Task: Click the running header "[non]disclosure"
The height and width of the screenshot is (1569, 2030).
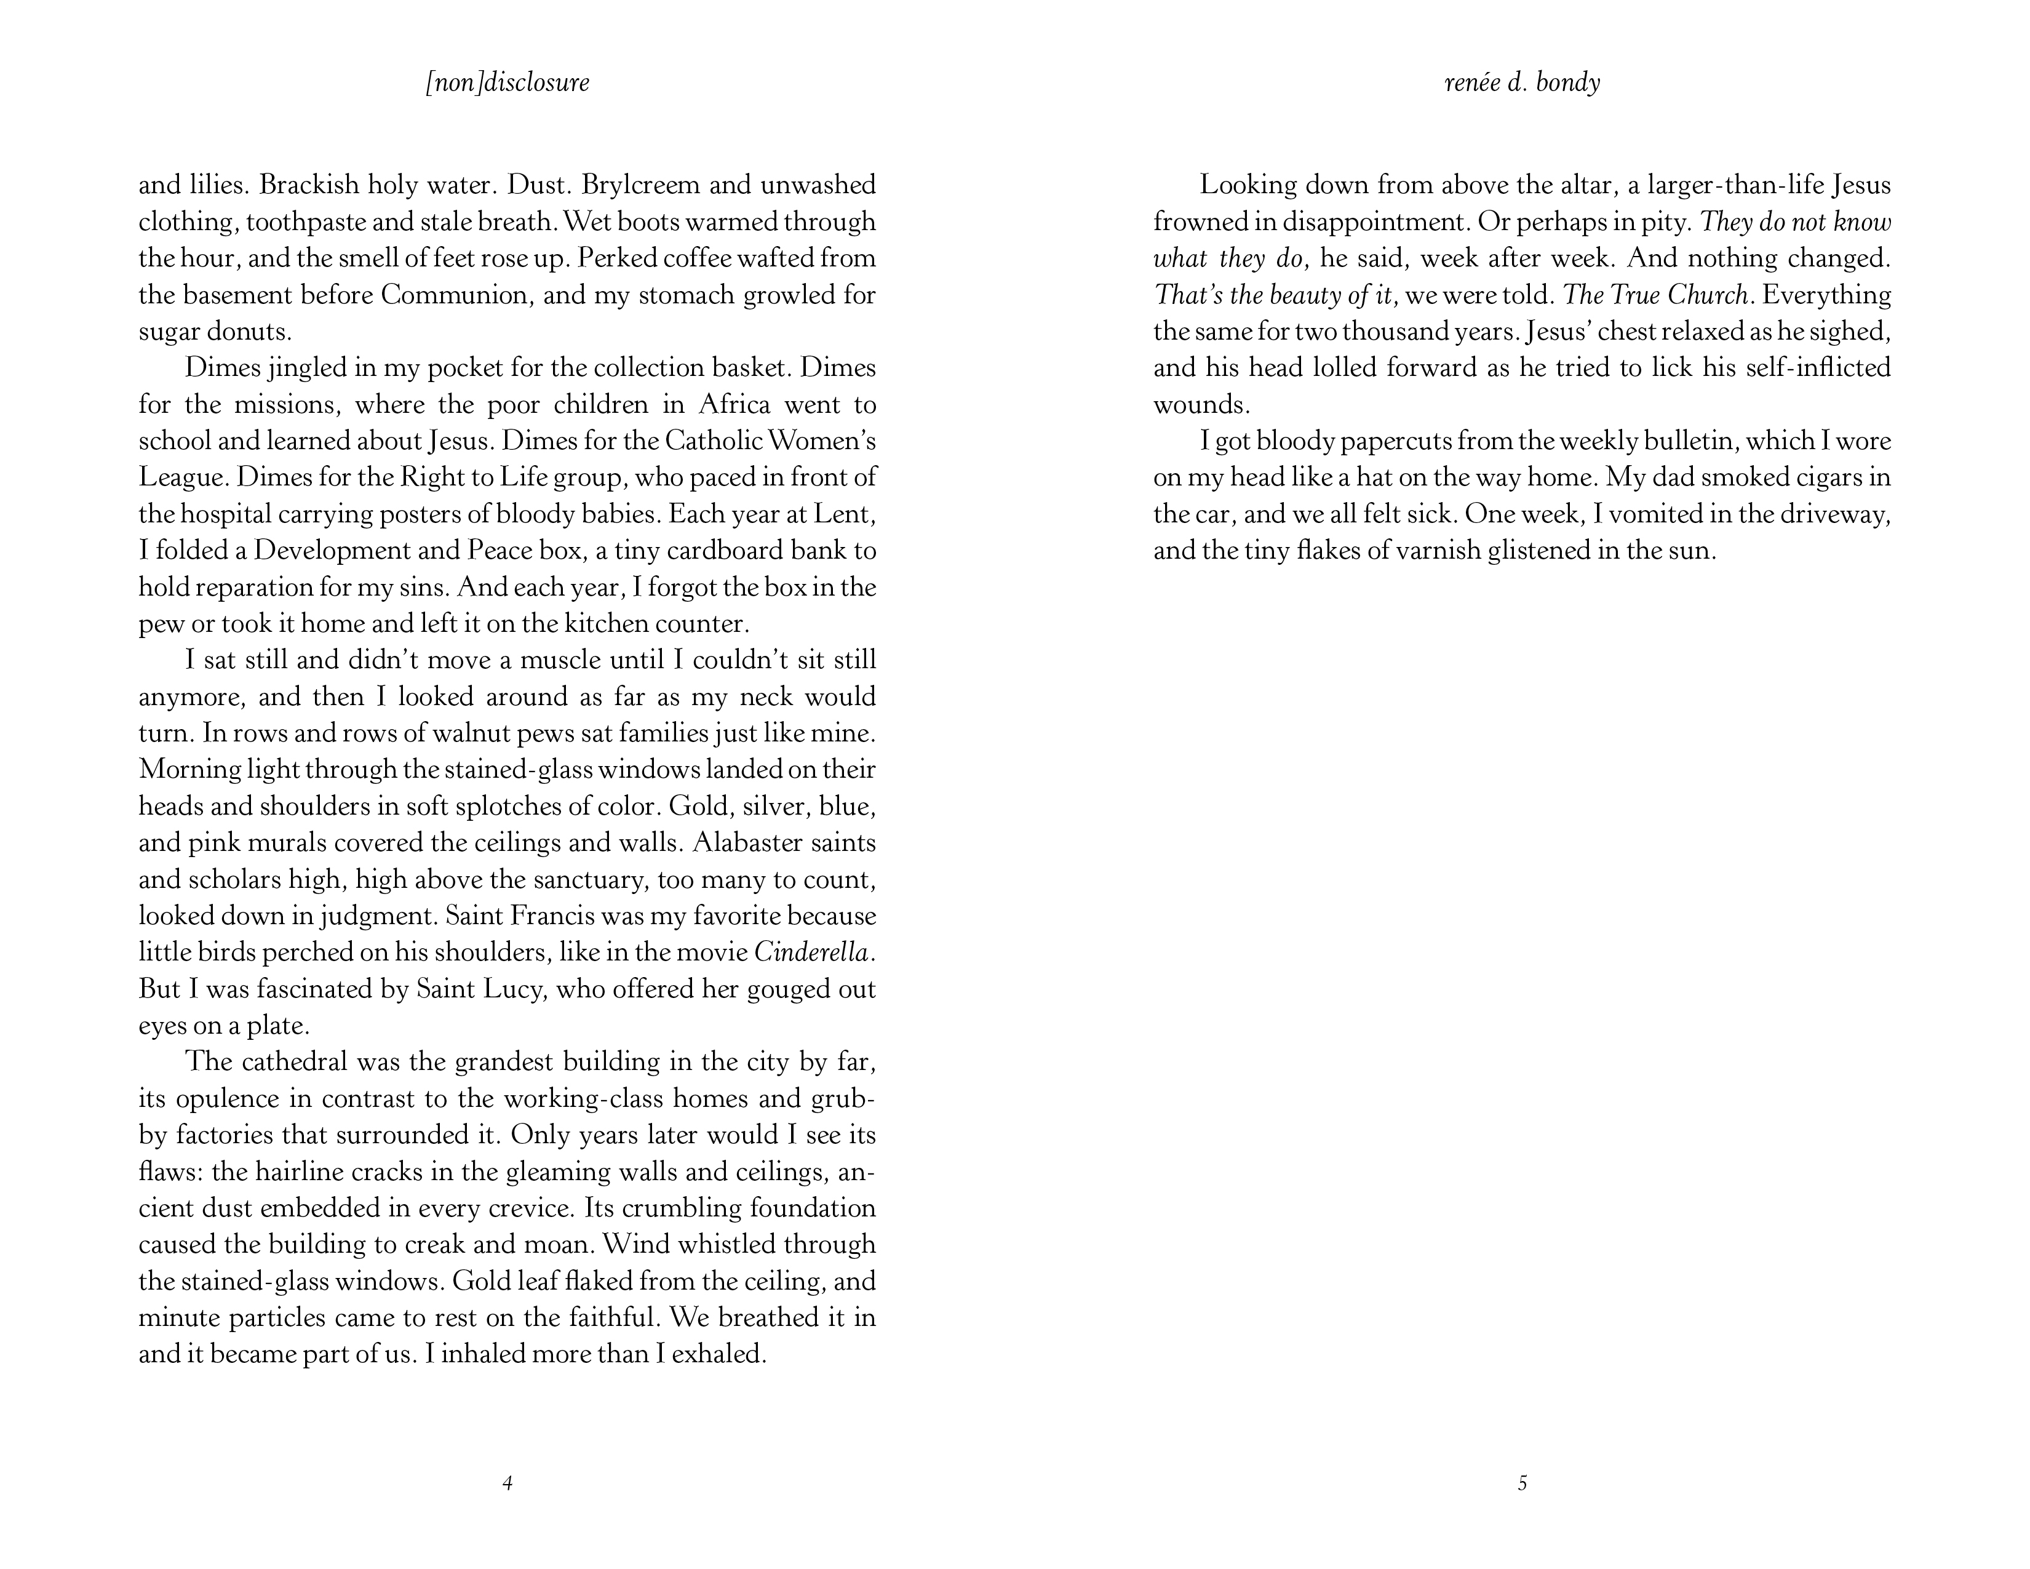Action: coord(507,82)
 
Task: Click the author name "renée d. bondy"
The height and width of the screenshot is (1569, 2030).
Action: coord(1522,82)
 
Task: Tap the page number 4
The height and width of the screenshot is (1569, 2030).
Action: coord(507,1483)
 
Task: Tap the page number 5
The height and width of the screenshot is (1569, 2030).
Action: coord(1522,1483)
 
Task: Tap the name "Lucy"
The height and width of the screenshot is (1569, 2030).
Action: coord(515,989)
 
